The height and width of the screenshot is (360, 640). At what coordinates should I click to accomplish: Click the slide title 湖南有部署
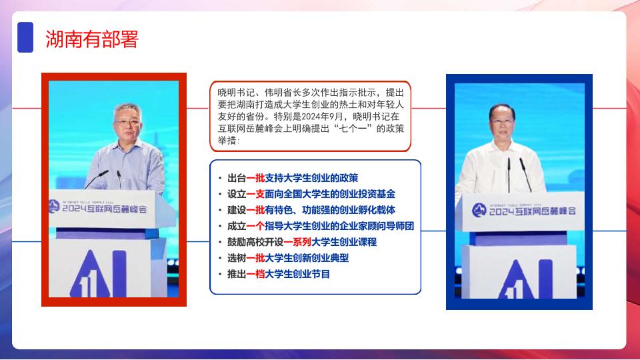[x=92, y=39]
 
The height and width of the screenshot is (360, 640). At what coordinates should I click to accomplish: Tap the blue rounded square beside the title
[x=25, y=37]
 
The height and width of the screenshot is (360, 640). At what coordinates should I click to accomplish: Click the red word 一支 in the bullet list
[x=255, y=194]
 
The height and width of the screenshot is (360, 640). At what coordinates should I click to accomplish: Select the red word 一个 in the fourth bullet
[x=255, y=226]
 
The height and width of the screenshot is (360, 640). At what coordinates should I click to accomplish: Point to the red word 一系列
[x=297, y=242]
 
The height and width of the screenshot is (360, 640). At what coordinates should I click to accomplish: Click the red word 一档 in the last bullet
[x=255, y=274]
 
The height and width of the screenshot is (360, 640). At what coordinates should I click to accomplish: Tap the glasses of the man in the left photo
[x=127, y=122]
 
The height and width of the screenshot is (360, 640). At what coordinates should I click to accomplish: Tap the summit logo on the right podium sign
[x=479, y=210]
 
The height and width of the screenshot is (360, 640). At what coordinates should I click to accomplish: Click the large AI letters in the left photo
[x=99, y=274]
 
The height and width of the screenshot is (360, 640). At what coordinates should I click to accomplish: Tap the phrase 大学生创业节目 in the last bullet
[x=297, y=274]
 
